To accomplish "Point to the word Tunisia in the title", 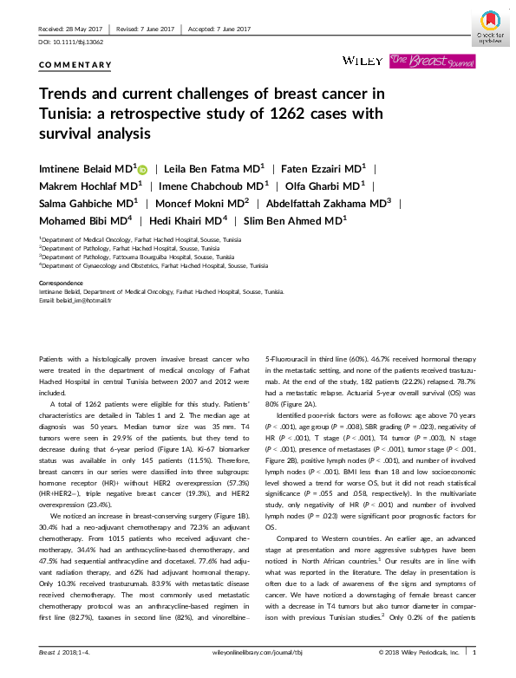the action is click(x=69, y=114).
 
